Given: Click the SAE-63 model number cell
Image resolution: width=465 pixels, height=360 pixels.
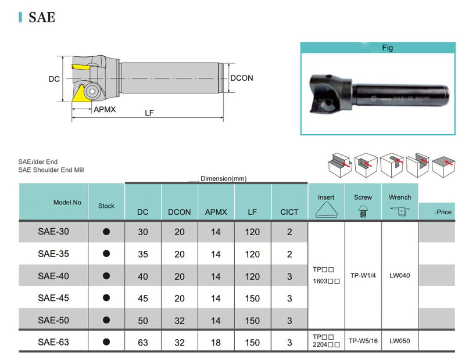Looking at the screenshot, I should coord(53,342).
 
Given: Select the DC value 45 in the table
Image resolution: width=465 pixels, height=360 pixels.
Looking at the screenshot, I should coord(143,298).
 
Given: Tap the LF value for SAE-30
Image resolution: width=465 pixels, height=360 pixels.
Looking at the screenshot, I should coord(252,232).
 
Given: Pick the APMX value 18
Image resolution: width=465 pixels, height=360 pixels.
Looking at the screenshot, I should coord(216,342).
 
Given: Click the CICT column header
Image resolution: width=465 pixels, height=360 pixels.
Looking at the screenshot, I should coord(289,212).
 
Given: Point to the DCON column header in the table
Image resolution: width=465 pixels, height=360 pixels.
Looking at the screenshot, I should coord(180,212).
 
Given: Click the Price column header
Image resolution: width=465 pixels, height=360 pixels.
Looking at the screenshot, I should coord(443,212).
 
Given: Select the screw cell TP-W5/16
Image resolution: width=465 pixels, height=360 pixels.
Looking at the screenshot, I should coord(363,341).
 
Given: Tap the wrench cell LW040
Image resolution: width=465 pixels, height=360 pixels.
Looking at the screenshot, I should coord(399,275).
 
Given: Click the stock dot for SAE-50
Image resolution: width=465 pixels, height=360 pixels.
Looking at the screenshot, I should coord(106,320).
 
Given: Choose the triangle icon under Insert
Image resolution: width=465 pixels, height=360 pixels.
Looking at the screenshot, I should coord(326,211).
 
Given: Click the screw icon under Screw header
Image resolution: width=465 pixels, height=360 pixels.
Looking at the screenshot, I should coord(363,211).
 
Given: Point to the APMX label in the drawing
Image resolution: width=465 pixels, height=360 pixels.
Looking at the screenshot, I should coord(105,109).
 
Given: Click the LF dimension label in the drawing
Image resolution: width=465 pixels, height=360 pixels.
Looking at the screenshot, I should coord(149,113).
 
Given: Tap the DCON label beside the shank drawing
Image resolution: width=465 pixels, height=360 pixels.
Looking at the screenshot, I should coord(242,78).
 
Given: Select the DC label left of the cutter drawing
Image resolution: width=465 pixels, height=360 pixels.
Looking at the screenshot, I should coord(53,79).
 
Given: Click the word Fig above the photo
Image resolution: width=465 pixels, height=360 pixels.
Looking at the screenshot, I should coord(387,48).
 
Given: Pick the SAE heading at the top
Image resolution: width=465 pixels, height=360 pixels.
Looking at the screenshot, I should coord(41,17).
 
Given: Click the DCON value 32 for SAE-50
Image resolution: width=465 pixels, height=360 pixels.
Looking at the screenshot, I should coord(180,320).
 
